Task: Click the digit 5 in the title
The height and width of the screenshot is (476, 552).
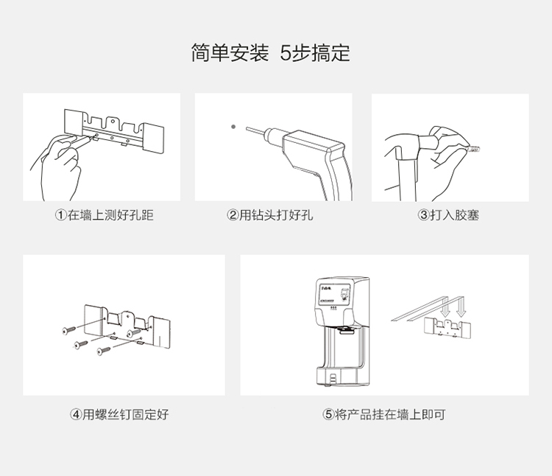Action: pos(286,53)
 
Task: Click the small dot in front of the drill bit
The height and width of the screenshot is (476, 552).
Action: pos(233,127)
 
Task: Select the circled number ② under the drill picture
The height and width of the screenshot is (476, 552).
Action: pos(233,216)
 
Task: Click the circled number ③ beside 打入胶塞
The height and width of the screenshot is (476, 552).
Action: pos(423,216)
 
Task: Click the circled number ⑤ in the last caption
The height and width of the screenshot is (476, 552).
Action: pos(328,414)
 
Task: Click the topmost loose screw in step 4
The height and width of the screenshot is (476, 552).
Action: pos(69,329)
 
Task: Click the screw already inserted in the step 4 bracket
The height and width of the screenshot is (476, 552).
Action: pos(134,333)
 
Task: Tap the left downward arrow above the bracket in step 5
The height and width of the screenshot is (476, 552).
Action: pos(444,312)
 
